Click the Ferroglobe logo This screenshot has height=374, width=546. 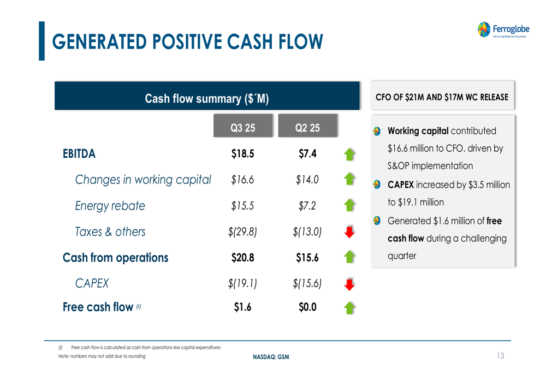tap(503, 29)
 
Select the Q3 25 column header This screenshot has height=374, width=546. tap(243, 126)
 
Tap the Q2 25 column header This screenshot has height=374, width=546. tap(307, 126)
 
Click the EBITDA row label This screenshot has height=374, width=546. tap(79, 153)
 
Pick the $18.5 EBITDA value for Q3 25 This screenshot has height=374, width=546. tap(243, 153)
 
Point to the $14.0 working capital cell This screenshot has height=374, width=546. tap(307, 180)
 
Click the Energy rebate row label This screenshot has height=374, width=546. tap(110, 206)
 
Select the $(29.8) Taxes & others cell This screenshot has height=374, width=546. tap(242, 231)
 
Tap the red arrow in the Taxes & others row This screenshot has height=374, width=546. tap(349, 232)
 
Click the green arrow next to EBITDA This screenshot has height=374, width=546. tap(349, 155)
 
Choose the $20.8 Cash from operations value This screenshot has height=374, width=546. tap(243, 258)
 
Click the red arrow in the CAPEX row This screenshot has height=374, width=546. tap(349, 284)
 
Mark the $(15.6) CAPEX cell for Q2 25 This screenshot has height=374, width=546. tap(307, 283)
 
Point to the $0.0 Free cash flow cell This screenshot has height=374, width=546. tap(307, 307)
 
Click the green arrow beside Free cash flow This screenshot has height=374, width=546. tap(349, 308)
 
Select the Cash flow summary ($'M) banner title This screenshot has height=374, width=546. tap(207, 99)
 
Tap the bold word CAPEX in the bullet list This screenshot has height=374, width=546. tap(401, 185)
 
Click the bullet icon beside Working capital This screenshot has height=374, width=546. tap(377, 131)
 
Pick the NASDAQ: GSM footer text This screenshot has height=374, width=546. tap(271, 357)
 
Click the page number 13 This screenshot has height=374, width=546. tap(500, 355)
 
